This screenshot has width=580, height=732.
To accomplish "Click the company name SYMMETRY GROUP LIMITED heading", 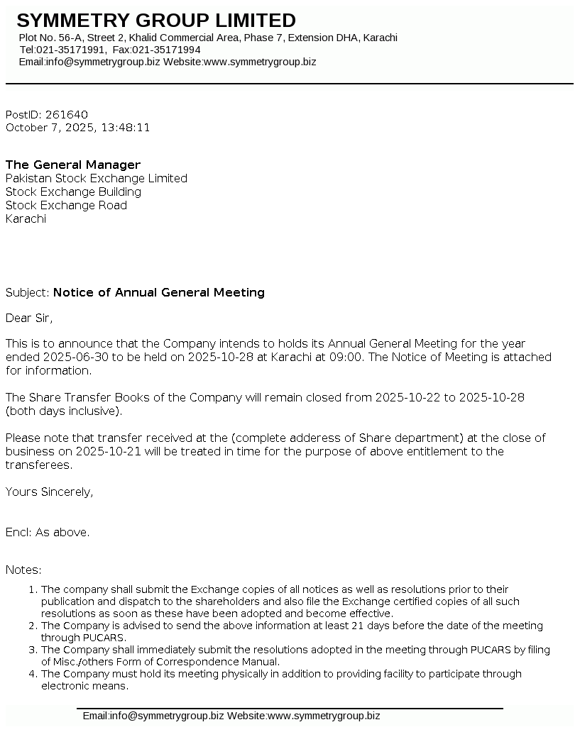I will pyautogui.click(x=156, y=21).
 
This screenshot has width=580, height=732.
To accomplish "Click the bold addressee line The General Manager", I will pyautogui.click(x=73, y=165).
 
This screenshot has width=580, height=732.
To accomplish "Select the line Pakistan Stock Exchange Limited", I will pyautogui.click(x=97, y=179).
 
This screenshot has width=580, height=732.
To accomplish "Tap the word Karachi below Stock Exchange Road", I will pyautogui.click(x=26, y=219).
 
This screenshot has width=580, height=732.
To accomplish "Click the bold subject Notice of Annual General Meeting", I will pyautogui.click(x=159, y=292).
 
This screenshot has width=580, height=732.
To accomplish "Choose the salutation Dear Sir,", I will pyautogui.click(x=29, y=318).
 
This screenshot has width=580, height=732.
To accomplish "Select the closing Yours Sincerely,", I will pyautogui.click(x=49, y=492).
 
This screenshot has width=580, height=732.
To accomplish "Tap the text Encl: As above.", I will pyautogui.click(x=48, y=532).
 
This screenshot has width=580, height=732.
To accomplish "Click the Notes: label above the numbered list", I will pyautogui.click(x=23, y=570).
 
